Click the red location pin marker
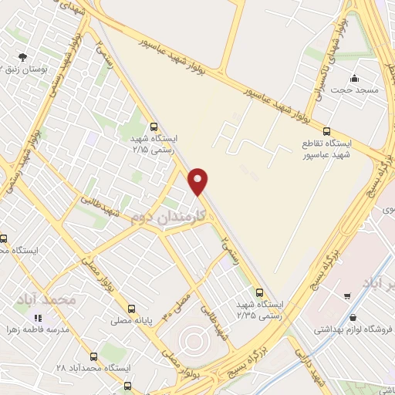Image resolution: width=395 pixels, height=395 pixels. pos(198,182)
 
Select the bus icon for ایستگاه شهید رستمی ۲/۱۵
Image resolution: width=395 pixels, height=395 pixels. pos(154,127)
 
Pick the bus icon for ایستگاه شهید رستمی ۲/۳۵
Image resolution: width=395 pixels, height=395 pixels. pos(259,292)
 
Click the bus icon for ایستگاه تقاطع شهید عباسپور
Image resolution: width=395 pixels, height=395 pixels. pos(326,131)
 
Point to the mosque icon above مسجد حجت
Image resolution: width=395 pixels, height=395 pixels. pos(354,78)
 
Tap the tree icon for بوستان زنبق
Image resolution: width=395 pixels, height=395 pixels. pos(22,56)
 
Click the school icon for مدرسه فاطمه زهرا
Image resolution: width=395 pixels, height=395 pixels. pos(37,317)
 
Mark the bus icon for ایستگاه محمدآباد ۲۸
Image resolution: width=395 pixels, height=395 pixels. pos(93,356)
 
